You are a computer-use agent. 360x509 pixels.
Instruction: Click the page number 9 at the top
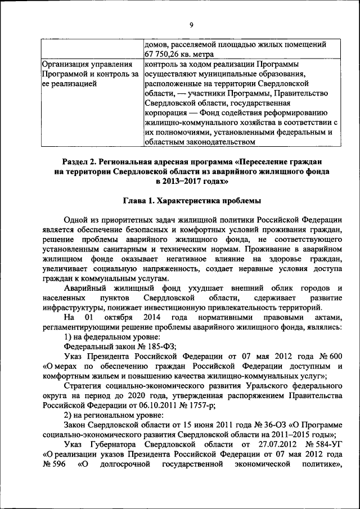191,25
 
